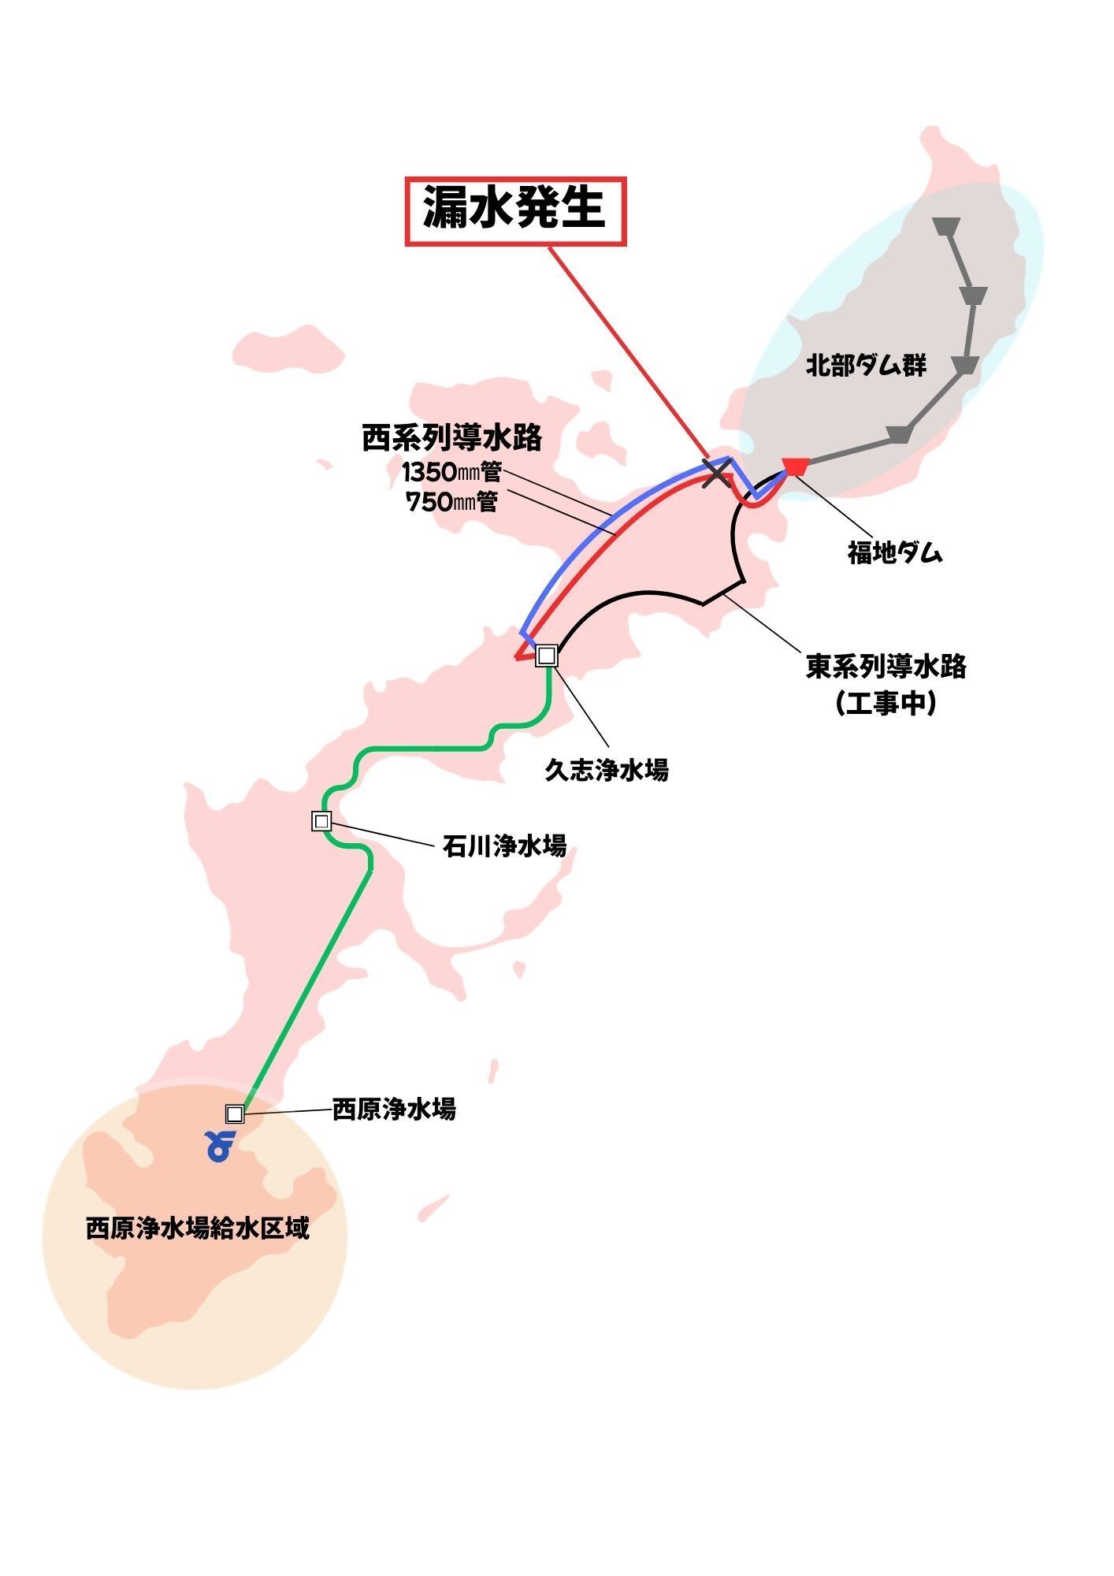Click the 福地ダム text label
click(895, 552)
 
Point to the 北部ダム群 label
click(866, 366)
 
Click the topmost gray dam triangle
click(945, 227)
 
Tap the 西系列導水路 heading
click(451, 438)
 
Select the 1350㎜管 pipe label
click(451, 472)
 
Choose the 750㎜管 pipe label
click(451, 501)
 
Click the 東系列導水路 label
click(886, 667)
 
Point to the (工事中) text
click(886, 702)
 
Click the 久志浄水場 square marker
click(547, 656)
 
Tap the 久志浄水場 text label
click(607, 770)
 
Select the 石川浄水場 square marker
click(321, 821)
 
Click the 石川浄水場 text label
click(504, 846)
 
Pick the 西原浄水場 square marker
click(234, 1113)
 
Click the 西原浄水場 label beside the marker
click(394, 1110)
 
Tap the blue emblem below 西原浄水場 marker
click(220, 1147)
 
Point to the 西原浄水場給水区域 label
click(198, 1228)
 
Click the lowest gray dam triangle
click(899, 434)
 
